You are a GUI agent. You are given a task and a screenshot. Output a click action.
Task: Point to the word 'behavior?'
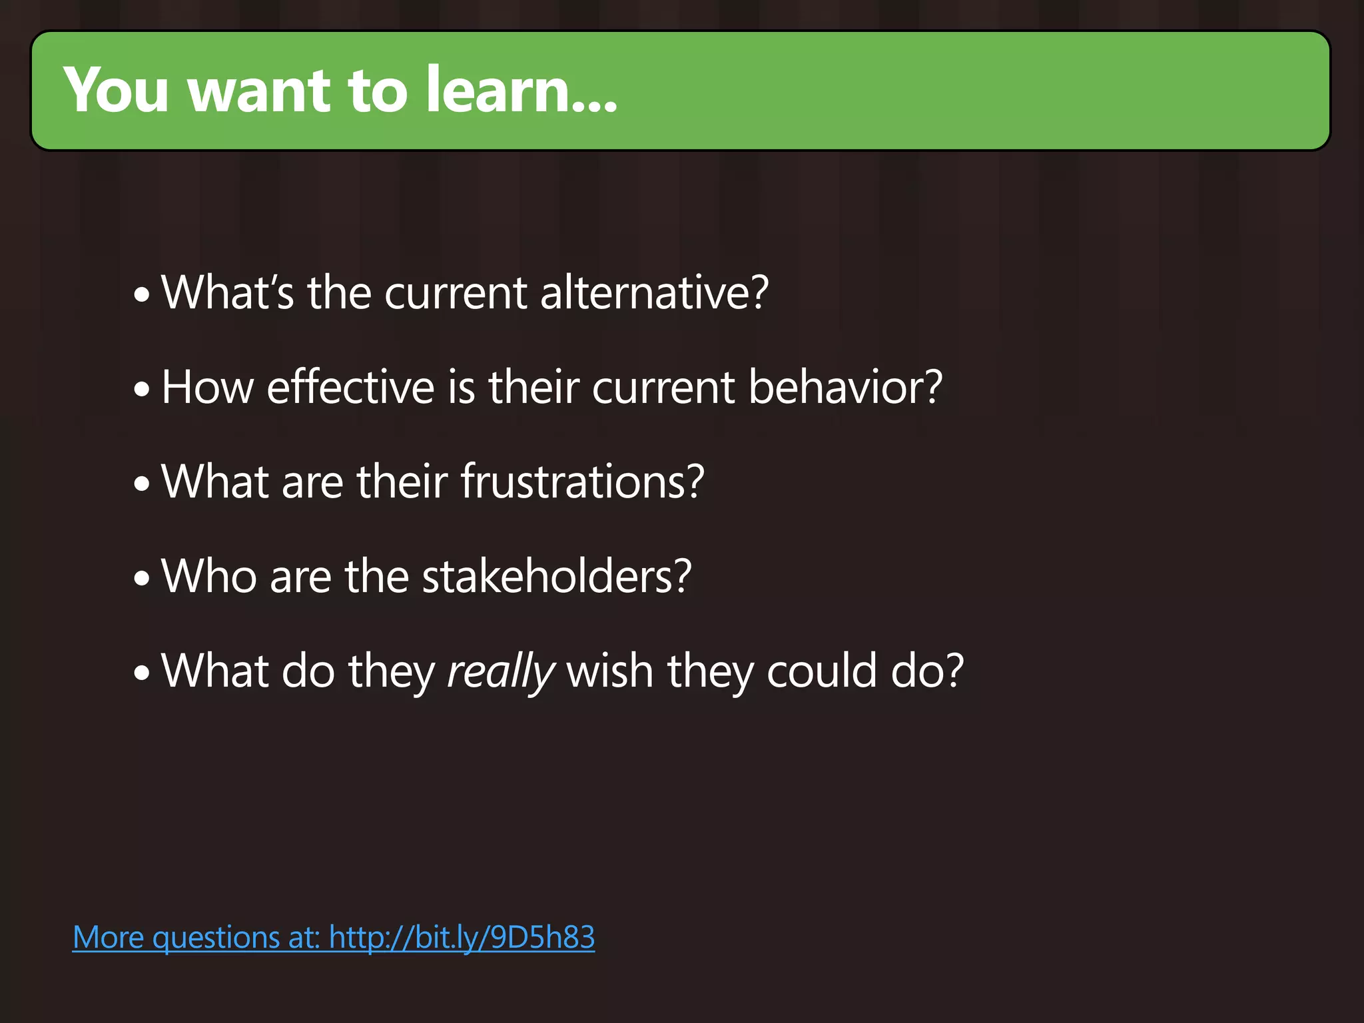pyautogui.click(x=845, y=387)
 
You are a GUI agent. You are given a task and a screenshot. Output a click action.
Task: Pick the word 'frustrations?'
pyautogui.click(x=582, y=482)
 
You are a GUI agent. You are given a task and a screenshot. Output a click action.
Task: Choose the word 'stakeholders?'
pyautogui.click(x=557, y=576)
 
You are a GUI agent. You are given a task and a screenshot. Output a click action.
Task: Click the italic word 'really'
pyautogui.click(x=500, y=671)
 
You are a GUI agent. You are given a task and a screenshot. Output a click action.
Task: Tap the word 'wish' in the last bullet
pyautogui.click(x=609, y=671)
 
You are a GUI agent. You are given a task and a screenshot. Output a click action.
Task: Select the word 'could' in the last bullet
pyautogui.click(x=821, y=671)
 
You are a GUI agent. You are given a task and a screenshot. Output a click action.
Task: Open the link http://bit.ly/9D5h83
pyautogui.click(x=462, y=938)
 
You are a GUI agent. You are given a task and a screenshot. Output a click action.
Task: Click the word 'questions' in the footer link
pyautogui.click(x=216, y=938)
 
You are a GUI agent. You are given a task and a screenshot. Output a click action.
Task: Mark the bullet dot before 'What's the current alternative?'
pyautogui.click(x=142, y=295)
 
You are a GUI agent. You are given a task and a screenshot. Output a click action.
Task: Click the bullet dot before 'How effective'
pyautogui.click(x=142, y=390)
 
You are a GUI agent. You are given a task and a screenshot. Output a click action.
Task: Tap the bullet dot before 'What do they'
pyautogui.click(x=142, y=673)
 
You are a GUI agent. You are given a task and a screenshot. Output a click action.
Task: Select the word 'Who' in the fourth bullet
pyautogui.click(x=208, y=576)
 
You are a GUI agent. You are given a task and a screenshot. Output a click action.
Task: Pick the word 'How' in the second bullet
pyautogui.click(x=207, y=387)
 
